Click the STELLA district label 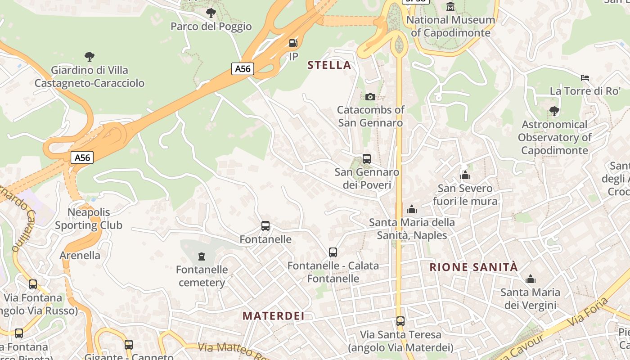point(329,65)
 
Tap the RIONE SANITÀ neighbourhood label point(473,267)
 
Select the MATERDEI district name point(274,316)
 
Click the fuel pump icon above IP point(293,43)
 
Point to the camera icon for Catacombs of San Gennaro point(370,97)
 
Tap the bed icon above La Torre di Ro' point(585,78)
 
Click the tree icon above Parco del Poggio point(211,13)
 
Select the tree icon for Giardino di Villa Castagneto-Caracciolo point(90,57)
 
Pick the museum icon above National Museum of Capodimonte point(450,6)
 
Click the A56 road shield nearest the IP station point(243,69)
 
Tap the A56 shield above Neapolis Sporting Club point(82,157)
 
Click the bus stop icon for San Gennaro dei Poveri point(367,159)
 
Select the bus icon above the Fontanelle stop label point(265,226)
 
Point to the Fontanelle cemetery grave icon point(202,256)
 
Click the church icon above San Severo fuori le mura point(465,175)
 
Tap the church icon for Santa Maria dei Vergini point(531,279)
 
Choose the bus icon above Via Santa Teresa point(400,321)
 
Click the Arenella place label point(80,256)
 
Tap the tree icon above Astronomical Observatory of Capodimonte point(554,111)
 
